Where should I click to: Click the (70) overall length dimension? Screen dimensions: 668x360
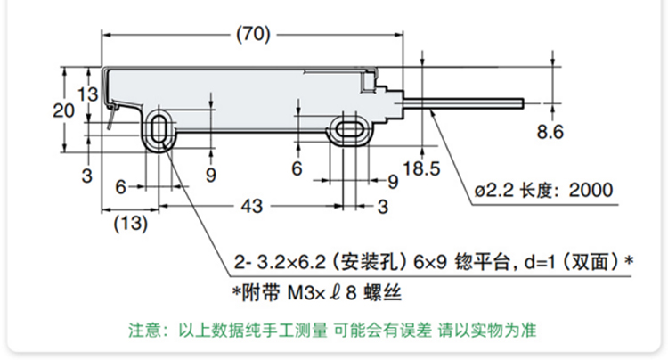tap(253, 34)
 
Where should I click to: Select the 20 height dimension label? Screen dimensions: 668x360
tap(63, 110)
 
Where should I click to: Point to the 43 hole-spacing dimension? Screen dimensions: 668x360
tap(252, 206)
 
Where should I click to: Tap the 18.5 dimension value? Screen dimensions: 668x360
tap(421, 168)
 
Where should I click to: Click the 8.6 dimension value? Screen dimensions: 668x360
tap(550, 132)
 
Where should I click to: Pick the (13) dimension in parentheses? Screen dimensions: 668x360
tap(130, 224)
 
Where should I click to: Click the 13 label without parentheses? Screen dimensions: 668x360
tap(87, 94)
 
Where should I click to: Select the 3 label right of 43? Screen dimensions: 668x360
tap(383, 207)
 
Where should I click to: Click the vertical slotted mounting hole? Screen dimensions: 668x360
tap(159, 128)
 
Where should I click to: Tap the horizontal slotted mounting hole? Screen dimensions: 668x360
tap(349, 129)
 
